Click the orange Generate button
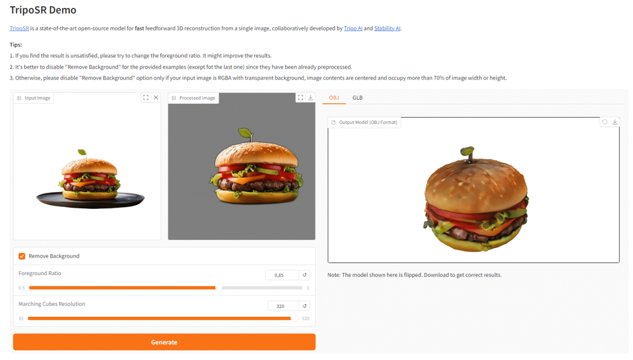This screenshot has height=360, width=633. point(164,342)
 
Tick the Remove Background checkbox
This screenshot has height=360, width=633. point(22,256)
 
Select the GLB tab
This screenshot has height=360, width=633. point(358,98)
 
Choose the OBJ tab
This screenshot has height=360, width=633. point(334,98)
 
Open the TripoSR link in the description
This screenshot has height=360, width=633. point(19,28)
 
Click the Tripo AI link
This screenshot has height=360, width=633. point(353,28)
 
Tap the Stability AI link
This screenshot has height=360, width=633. point(387,28)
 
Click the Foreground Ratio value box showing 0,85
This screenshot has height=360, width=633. point(282,275)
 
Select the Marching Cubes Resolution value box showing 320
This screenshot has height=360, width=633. point(283,306)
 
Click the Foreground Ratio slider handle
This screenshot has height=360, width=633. point(219,288)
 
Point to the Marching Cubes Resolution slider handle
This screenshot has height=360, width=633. point(294,318)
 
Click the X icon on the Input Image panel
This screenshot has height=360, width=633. point(156,98)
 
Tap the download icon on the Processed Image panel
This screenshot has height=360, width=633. point(311,98)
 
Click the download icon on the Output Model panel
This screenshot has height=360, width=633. point(615,122)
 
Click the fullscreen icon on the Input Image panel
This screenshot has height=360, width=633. point(146,98)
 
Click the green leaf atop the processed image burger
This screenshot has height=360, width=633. point(245,133)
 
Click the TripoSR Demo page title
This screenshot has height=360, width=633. point(43,10)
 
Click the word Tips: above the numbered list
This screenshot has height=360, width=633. point(16,45)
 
